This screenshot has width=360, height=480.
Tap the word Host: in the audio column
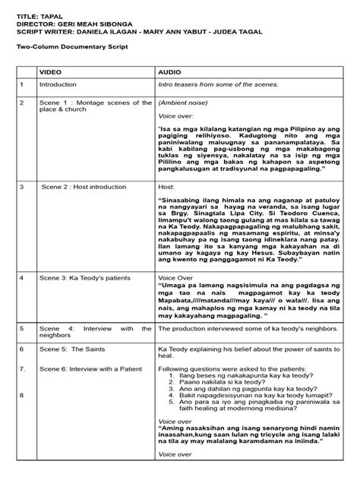tap(166, 185)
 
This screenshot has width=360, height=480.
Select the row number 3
tap(23, 185)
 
